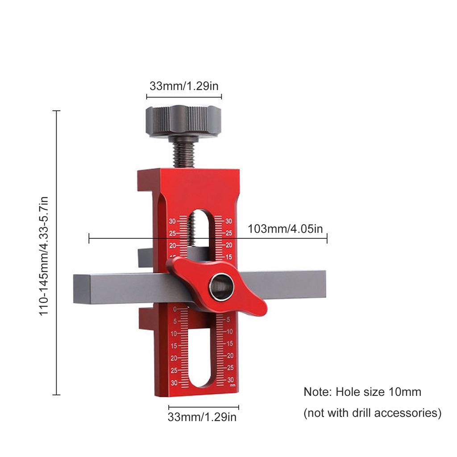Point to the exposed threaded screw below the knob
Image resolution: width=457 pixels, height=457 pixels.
tap(183, 152)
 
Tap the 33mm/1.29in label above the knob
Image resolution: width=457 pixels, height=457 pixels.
tap(184, 86)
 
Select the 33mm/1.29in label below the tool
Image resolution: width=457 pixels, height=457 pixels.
tap(202, 417)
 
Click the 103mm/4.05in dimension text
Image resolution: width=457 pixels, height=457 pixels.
tap(285, 229)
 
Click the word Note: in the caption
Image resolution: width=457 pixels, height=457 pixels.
tap(318, 392)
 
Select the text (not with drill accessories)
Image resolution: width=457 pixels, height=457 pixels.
tap(372, 413)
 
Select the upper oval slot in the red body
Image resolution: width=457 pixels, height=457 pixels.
tap(202, 232)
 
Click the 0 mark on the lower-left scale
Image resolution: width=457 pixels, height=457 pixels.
tap(174, 309)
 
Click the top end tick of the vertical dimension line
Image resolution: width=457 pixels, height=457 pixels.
tap(57, 111)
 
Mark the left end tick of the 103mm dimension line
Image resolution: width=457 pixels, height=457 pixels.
tap(89, 239)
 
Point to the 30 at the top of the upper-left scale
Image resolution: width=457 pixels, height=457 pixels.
tap(172, 221)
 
